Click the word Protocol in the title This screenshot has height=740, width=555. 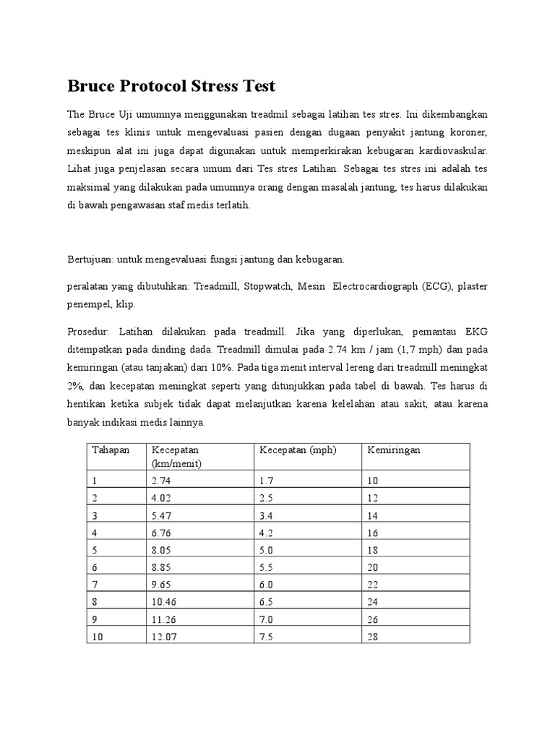point(155,86)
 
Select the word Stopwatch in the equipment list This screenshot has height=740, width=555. point(269,286)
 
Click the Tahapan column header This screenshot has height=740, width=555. point(111,450)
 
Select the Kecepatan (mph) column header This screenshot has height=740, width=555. point(298,450)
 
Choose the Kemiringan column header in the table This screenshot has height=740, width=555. point(394,450)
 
